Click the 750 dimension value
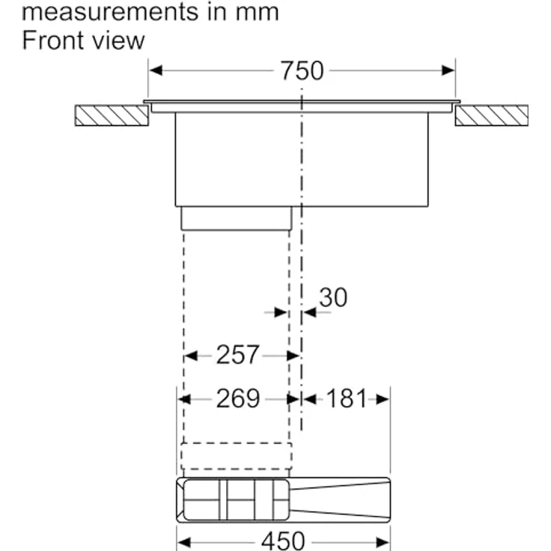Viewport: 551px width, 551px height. pyautogui.click(x=302, y=71)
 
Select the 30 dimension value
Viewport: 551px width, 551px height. pyautogui.click(x=333, y=298)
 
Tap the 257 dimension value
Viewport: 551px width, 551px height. pyautogui.click(x=237, y=355)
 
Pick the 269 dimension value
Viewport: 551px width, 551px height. pyautogui.click(x=237, y=399)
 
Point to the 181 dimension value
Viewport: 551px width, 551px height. pyautogui.click(x=346, y=399)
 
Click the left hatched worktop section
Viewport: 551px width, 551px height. pyautogui.click(x=111, y=115)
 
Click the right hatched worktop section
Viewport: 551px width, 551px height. pyautogui.click(x=491, y=115)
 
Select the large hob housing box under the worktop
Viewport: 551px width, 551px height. pyautogui.click(x=302, y=159)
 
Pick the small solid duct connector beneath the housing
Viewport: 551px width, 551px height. pyautogui.click(x=236, y=218)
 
